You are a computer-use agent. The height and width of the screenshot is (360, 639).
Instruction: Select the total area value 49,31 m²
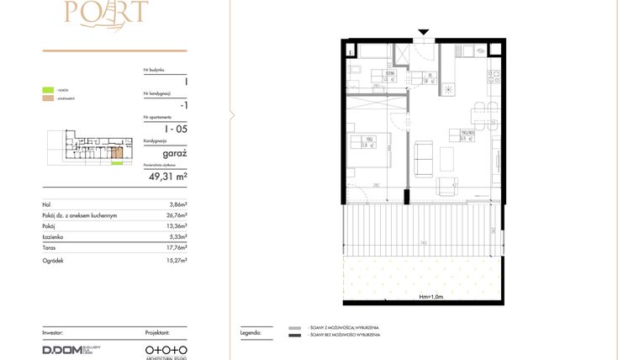tap(168, 177)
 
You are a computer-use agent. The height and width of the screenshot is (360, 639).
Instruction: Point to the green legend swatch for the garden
tap(49, 89)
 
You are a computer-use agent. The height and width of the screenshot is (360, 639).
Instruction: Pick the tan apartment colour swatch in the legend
tap(49, 99)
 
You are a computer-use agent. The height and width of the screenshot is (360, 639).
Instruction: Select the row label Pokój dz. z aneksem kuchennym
tap(79, 215)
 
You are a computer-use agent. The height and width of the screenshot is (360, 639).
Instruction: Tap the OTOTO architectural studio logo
tap(166, 348)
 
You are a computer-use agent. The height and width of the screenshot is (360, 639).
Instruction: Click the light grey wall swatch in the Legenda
tap(294, 329)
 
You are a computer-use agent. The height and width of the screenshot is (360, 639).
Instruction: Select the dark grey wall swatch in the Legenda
tap(294, 336)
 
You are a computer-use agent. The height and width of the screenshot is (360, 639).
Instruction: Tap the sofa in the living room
tap(424, 158)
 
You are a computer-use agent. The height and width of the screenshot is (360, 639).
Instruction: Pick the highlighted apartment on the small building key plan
tap(119, 152)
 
